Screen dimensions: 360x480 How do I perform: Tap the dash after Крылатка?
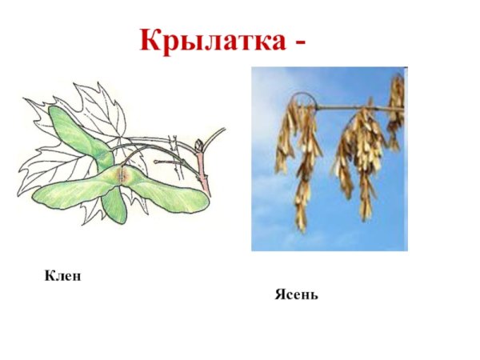pyautogui.click(x=299, y=42)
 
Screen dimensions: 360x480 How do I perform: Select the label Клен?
pyautogui.click(x=64, y=277)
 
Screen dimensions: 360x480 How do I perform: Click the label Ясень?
pyautogui.click(x=297, y=295)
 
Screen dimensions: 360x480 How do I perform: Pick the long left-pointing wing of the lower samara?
pyautogui.click(x=68, y=192)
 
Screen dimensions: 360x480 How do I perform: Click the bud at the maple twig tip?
pyautogui.click(x=199, y=145)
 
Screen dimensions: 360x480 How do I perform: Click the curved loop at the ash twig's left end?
pyautogui.click(x=298, y=99)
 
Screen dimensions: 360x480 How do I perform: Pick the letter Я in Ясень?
pyautogui.click(x=279, y=295)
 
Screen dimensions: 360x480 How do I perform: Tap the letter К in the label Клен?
pyautogui.click(x=50, y=277)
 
